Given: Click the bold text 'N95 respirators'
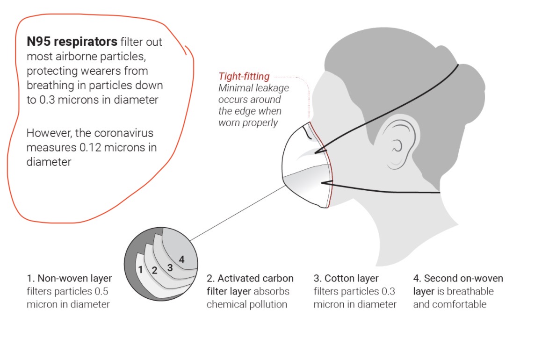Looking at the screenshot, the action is click(x=72, y=42).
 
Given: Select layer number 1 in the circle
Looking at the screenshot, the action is click(x=140, y=269).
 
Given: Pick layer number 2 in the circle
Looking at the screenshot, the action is click(x=154, y=270).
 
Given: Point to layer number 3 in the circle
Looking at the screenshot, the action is click(x=170, y=267).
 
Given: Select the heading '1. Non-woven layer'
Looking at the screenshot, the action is click(x=69, y=279).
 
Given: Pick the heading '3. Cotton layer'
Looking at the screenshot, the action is click(x=346, y=279).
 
